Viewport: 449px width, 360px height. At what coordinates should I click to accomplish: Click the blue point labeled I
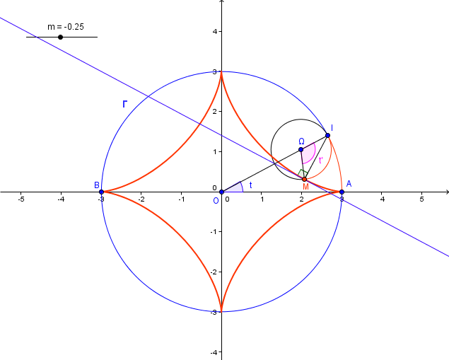point(327,136)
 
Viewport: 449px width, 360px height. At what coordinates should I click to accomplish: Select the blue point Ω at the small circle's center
point(301,149)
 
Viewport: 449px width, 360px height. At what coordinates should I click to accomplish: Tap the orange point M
point(304,179)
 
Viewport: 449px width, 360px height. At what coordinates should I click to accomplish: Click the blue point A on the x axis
point(342,192)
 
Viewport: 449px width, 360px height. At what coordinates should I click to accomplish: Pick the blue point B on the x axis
point(101,192)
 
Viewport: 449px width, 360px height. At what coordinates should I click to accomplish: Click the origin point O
point(221,192)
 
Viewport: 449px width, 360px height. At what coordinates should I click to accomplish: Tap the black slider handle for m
point(60,37)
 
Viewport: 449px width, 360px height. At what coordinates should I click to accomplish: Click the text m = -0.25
point(66,27)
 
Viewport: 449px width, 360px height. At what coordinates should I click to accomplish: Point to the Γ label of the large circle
point(124,104)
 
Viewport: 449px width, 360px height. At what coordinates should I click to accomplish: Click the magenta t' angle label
point(321,160)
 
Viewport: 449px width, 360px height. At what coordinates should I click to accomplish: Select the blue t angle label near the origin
point(251,185)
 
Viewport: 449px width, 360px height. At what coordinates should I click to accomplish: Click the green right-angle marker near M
point(303,173)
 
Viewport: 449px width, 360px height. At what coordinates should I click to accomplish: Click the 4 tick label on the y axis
point(215,31)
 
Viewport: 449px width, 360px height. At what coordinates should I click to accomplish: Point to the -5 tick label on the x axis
point(21,199)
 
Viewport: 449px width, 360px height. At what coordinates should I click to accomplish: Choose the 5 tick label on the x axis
point(422,199)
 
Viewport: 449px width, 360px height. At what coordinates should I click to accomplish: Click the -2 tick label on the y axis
point(214,272)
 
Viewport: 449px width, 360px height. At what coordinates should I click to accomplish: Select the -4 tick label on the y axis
point(214,352)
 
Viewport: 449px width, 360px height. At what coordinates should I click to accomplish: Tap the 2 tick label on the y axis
point(215,112)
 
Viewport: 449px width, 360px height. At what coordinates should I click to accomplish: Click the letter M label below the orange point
point(306,187)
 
